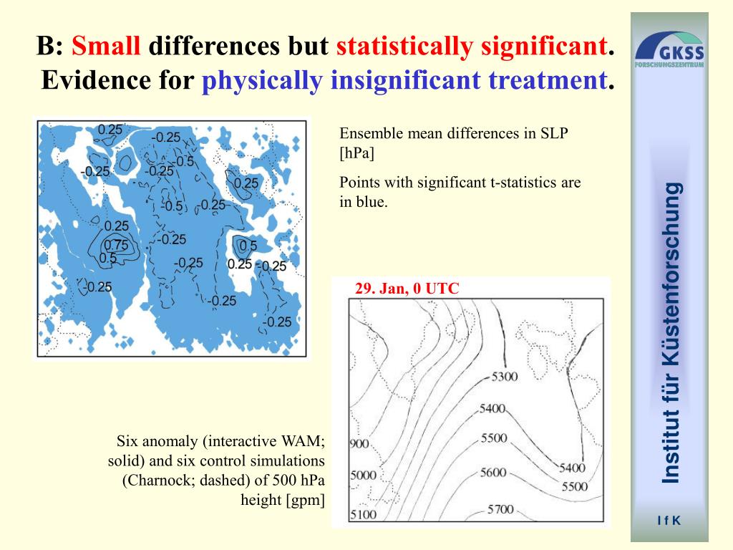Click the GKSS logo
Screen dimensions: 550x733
[669, 49]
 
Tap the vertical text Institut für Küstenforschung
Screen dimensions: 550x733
[670, 332]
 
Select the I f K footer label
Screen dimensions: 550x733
[669, 521]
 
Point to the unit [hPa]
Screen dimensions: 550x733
[356, 153]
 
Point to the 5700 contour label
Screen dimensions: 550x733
[501, 509]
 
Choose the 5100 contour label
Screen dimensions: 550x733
[364, 514]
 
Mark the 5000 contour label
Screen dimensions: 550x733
[363, 476]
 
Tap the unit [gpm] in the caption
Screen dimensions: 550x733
[305, 499]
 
